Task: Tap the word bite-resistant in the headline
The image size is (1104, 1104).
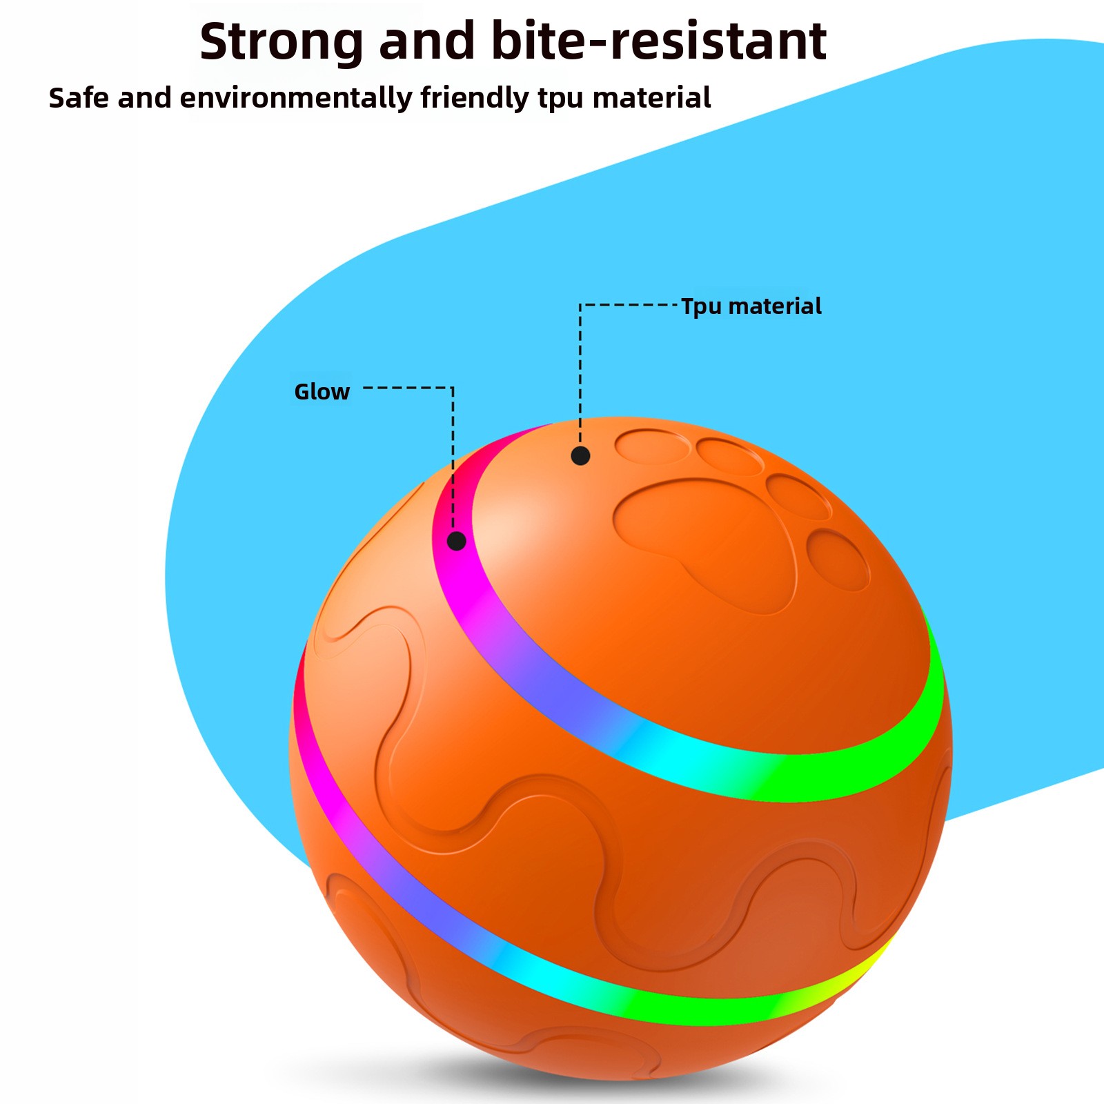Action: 658,41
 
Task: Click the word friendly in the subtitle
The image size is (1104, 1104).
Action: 474,99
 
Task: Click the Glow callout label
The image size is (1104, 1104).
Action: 322,392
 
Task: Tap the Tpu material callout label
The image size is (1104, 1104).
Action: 751,306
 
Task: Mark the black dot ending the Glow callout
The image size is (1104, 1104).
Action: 457,541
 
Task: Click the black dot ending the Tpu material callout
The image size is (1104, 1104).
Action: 580,455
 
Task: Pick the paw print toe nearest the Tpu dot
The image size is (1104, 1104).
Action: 651,446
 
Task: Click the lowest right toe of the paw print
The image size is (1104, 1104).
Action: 838,560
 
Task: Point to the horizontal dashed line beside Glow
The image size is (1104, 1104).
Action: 407,388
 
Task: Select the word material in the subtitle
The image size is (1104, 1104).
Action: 651,99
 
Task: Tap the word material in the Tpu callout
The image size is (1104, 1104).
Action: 775,306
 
